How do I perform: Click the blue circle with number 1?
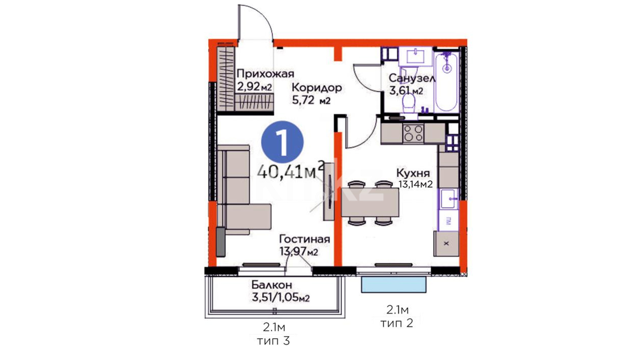click(283, 142)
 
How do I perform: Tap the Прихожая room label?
click(265, 74)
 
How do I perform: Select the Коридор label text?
click(317, 88)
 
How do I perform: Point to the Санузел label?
click(412, 78)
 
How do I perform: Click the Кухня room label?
click(413, 173)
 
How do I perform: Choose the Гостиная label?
click(304, 239)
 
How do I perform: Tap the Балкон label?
click(272, 285)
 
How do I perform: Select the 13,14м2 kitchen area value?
click(416, 184)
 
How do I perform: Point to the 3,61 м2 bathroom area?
click(406, 90)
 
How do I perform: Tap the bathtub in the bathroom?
click(447, 82)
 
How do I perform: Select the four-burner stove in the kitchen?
click(413, 133)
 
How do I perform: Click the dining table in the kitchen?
click(370, 202)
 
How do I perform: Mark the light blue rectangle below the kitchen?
click(394, 284)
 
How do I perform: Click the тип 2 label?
click(397, 323)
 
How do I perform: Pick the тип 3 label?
click(273, 341)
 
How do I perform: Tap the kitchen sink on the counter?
click(448, 199)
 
